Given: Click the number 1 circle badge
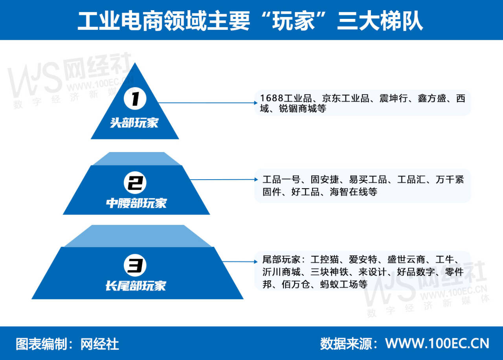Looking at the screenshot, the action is tap(135, 98).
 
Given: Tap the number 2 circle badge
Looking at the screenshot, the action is tap(135, 183).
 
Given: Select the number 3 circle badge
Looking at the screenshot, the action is tap(135, 265).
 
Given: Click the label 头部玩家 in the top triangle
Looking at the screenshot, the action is tap(134, 123).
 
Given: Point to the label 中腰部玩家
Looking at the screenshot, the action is tap(136, 203).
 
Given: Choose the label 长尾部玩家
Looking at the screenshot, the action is tap(136, 286).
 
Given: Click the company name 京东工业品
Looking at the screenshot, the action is tap(346, 98).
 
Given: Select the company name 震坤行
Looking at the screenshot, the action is tap(394, 98).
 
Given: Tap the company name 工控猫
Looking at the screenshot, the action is tap(325, 259).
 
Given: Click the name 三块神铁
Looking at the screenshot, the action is tap(329, 272).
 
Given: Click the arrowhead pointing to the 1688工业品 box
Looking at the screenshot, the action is tap(255, 103).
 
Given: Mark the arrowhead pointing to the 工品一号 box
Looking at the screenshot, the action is tap(256, 180).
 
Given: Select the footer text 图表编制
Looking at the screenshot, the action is tap(42, 344).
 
